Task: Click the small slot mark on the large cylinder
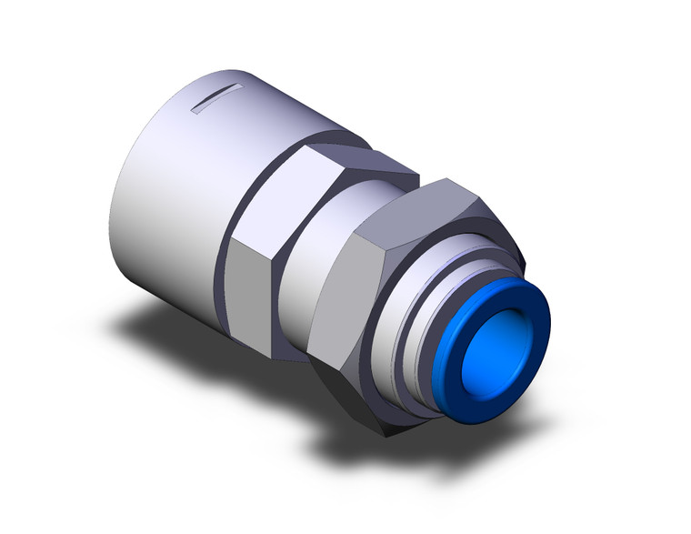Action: click(215, 96)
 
